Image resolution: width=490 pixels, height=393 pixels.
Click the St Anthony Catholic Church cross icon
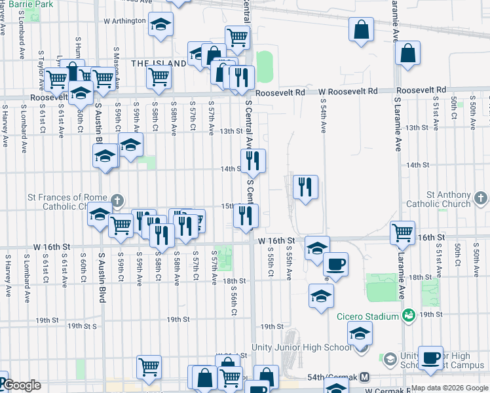[x=481, y=197]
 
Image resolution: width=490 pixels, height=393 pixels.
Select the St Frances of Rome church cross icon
[x=117, y=200]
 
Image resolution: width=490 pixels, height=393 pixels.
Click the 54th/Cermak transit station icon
[x=365, y=378]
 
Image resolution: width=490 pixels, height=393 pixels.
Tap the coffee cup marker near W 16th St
[x=336, y=264]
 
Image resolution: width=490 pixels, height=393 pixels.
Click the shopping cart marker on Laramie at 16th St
[x=402, y=233]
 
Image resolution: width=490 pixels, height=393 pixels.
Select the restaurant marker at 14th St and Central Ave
[x=253, y=160]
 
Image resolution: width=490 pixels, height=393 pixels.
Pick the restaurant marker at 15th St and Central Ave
[x=246, y=215]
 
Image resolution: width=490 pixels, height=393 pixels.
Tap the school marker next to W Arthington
[x=159, y=25]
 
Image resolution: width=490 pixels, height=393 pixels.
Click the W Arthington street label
[x=124, y=21]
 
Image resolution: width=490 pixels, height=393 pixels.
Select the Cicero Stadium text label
[x=367, y=316]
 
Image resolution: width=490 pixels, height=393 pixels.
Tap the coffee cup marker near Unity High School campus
[x=431, y=358]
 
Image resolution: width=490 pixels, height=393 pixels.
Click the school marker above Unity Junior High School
[x=359, y=335]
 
